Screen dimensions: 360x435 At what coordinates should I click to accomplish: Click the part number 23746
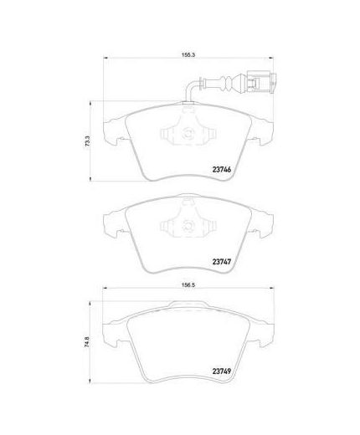tap(222, 169)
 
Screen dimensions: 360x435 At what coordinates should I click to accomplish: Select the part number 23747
tap(222, 262)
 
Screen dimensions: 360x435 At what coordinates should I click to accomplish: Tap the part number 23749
tap(222, 371)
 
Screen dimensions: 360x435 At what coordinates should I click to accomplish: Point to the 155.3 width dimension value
tap(188, 55)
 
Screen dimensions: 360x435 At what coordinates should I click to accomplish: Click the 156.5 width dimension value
tap(188, 285)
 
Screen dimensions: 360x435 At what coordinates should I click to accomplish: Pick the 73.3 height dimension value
tap(87, 141)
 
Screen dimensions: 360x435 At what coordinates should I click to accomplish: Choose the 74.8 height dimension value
tap(87, 341)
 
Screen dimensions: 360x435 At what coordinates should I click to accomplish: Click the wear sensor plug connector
tap(261, 82)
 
